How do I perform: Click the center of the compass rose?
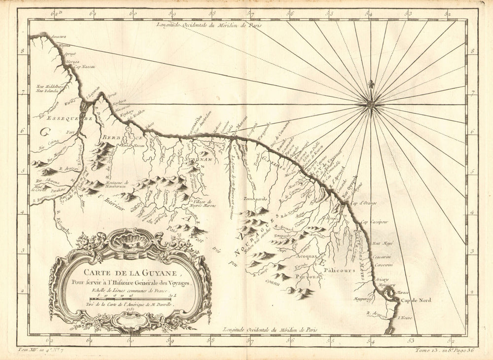click(371, 104)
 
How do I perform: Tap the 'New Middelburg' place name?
click(48, 86)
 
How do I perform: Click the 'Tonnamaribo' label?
click(255, 199)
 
